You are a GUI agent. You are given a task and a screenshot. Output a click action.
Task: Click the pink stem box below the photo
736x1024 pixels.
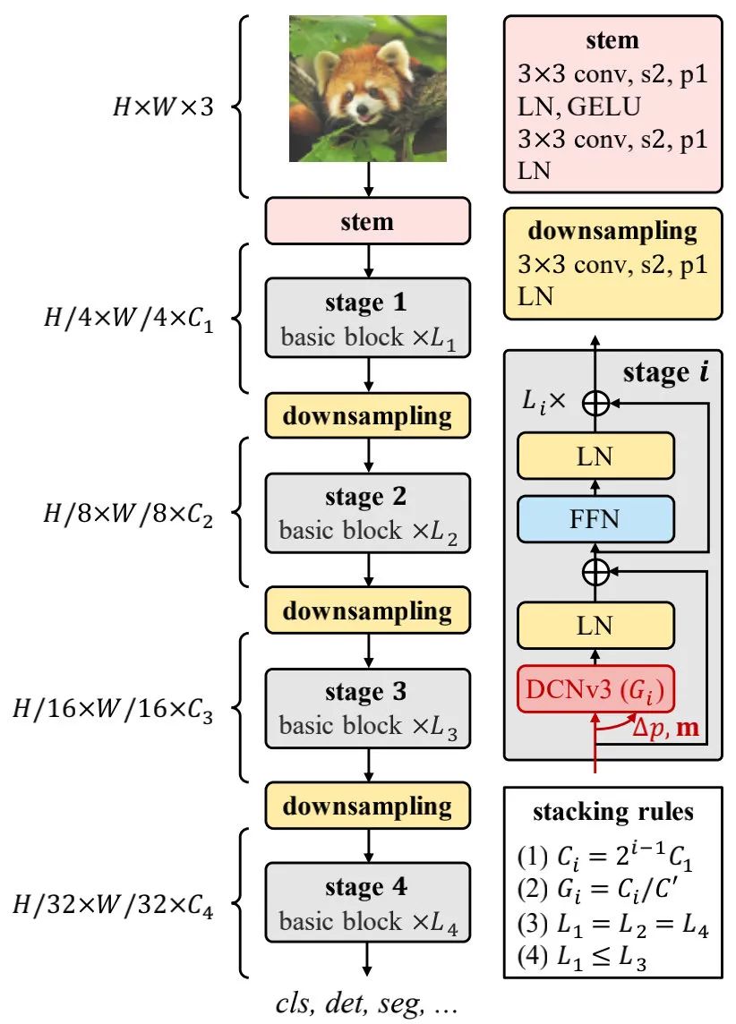pyautogui.click(x=367, y=221)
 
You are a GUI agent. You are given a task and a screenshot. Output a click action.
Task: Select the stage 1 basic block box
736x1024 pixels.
pyautogui.click(x=367, y=319)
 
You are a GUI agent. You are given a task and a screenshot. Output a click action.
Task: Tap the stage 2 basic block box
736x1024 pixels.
pyautogui.click(x=367, y=514)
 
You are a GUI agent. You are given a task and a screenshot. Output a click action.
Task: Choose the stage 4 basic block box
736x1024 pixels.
pyautogui.click(x=367, y=903)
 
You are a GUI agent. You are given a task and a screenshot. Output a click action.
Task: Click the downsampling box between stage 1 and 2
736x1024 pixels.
pyautogui.click(x=367, y=416)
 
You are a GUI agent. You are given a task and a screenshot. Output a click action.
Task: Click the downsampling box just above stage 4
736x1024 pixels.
pyautogui.click(x=367, y=806)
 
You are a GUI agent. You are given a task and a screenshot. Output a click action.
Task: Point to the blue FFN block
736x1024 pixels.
pyautogui.click(x=595, y=520)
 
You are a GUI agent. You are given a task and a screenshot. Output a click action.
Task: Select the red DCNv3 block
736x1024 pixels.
pyautogui.click(x=595, y=690)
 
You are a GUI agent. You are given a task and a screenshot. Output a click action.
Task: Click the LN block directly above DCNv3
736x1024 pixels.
pyautogui.click(x=595, y=626)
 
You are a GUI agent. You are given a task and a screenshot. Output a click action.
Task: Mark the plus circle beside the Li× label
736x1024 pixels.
pyautogui.click(x=595, y=404)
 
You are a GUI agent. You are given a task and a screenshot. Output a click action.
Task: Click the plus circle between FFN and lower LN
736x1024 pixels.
pyautogui.click(x=595, y=569)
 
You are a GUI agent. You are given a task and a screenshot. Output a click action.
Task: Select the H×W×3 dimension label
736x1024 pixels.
pyautogui.click(x=162, y=109)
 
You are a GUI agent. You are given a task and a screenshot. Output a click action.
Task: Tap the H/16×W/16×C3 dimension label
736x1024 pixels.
pyautogui.click(x=112, y=709)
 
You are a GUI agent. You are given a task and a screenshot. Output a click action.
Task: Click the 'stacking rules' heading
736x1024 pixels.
pyautogui.click(x=612, y=813)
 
